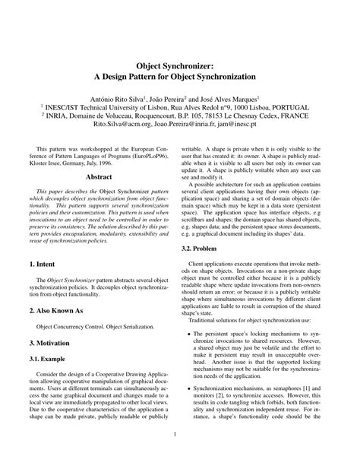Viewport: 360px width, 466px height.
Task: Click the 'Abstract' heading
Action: click(99, 176)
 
